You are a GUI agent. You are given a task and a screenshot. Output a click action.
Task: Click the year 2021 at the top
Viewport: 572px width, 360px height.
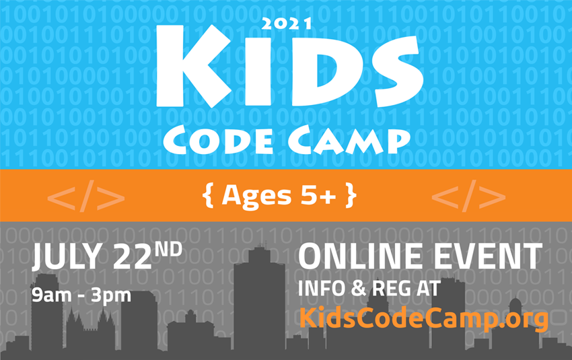point(286,24)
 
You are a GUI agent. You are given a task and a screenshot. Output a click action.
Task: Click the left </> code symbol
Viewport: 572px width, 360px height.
point(86,196)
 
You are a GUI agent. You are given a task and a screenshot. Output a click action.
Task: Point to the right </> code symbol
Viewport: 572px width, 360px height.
point(468,196)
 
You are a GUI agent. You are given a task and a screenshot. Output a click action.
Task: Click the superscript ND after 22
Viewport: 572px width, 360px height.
point(168,250)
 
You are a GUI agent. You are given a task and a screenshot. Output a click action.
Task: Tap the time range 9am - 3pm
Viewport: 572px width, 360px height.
point(81,293)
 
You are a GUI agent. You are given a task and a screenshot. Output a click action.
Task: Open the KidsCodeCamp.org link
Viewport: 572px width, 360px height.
point(423,318)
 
